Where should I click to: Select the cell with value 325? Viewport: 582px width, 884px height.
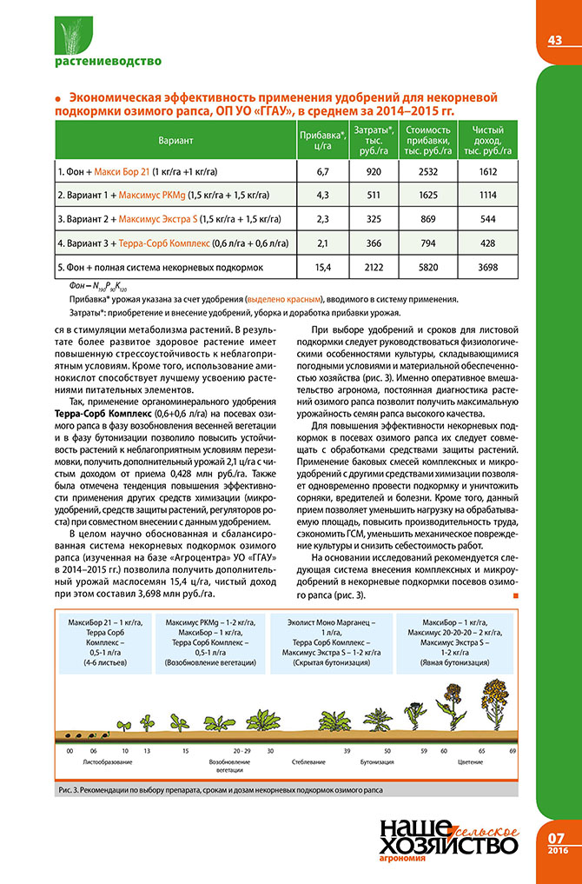[x=375, y=219]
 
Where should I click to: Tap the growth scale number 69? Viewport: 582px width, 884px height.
[x=513, y=749]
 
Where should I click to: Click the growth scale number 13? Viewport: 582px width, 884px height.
[x=148, y=749]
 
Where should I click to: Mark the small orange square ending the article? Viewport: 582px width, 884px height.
[x=516, y=571]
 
